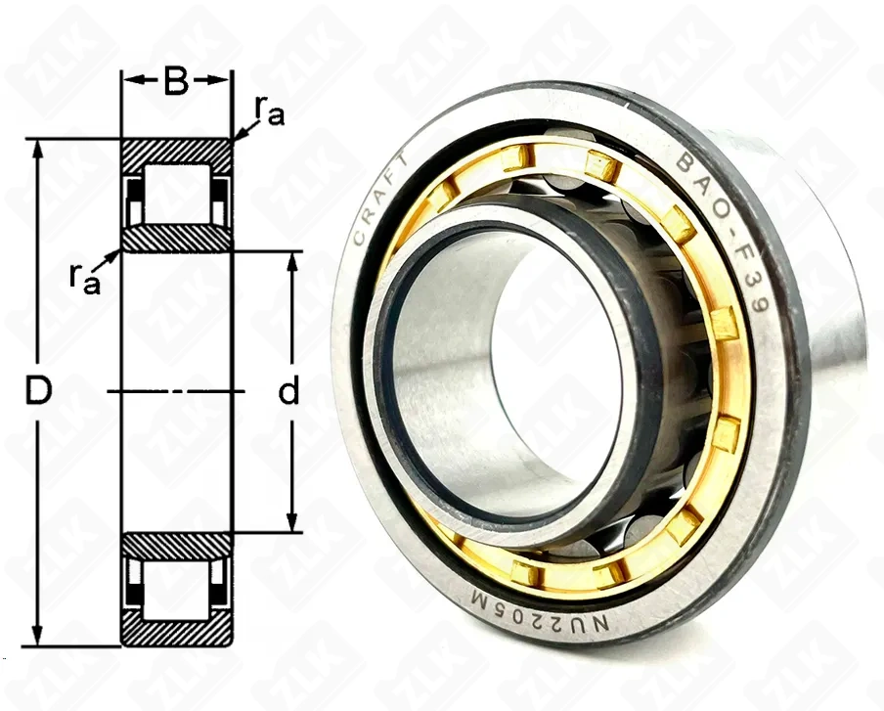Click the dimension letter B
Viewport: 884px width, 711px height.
176,83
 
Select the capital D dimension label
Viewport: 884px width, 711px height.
37,392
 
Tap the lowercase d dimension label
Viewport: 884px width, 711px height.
288,392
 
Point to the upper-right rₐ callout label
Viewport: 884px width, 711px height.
269,111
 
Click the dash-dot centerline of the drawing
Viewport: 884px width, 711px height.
176,391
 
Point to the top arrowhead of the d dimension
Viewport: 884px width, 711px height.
290,260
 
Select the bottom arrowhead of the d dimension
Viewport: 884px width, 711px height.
290,524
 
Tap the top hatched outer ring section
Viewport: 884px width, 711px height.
176,151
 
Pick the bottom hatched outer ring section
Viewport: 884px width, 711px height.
176,634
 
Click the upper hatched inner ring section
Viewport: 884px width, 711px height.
176,238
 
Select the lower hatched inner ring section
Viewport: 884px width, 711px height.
176,546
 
